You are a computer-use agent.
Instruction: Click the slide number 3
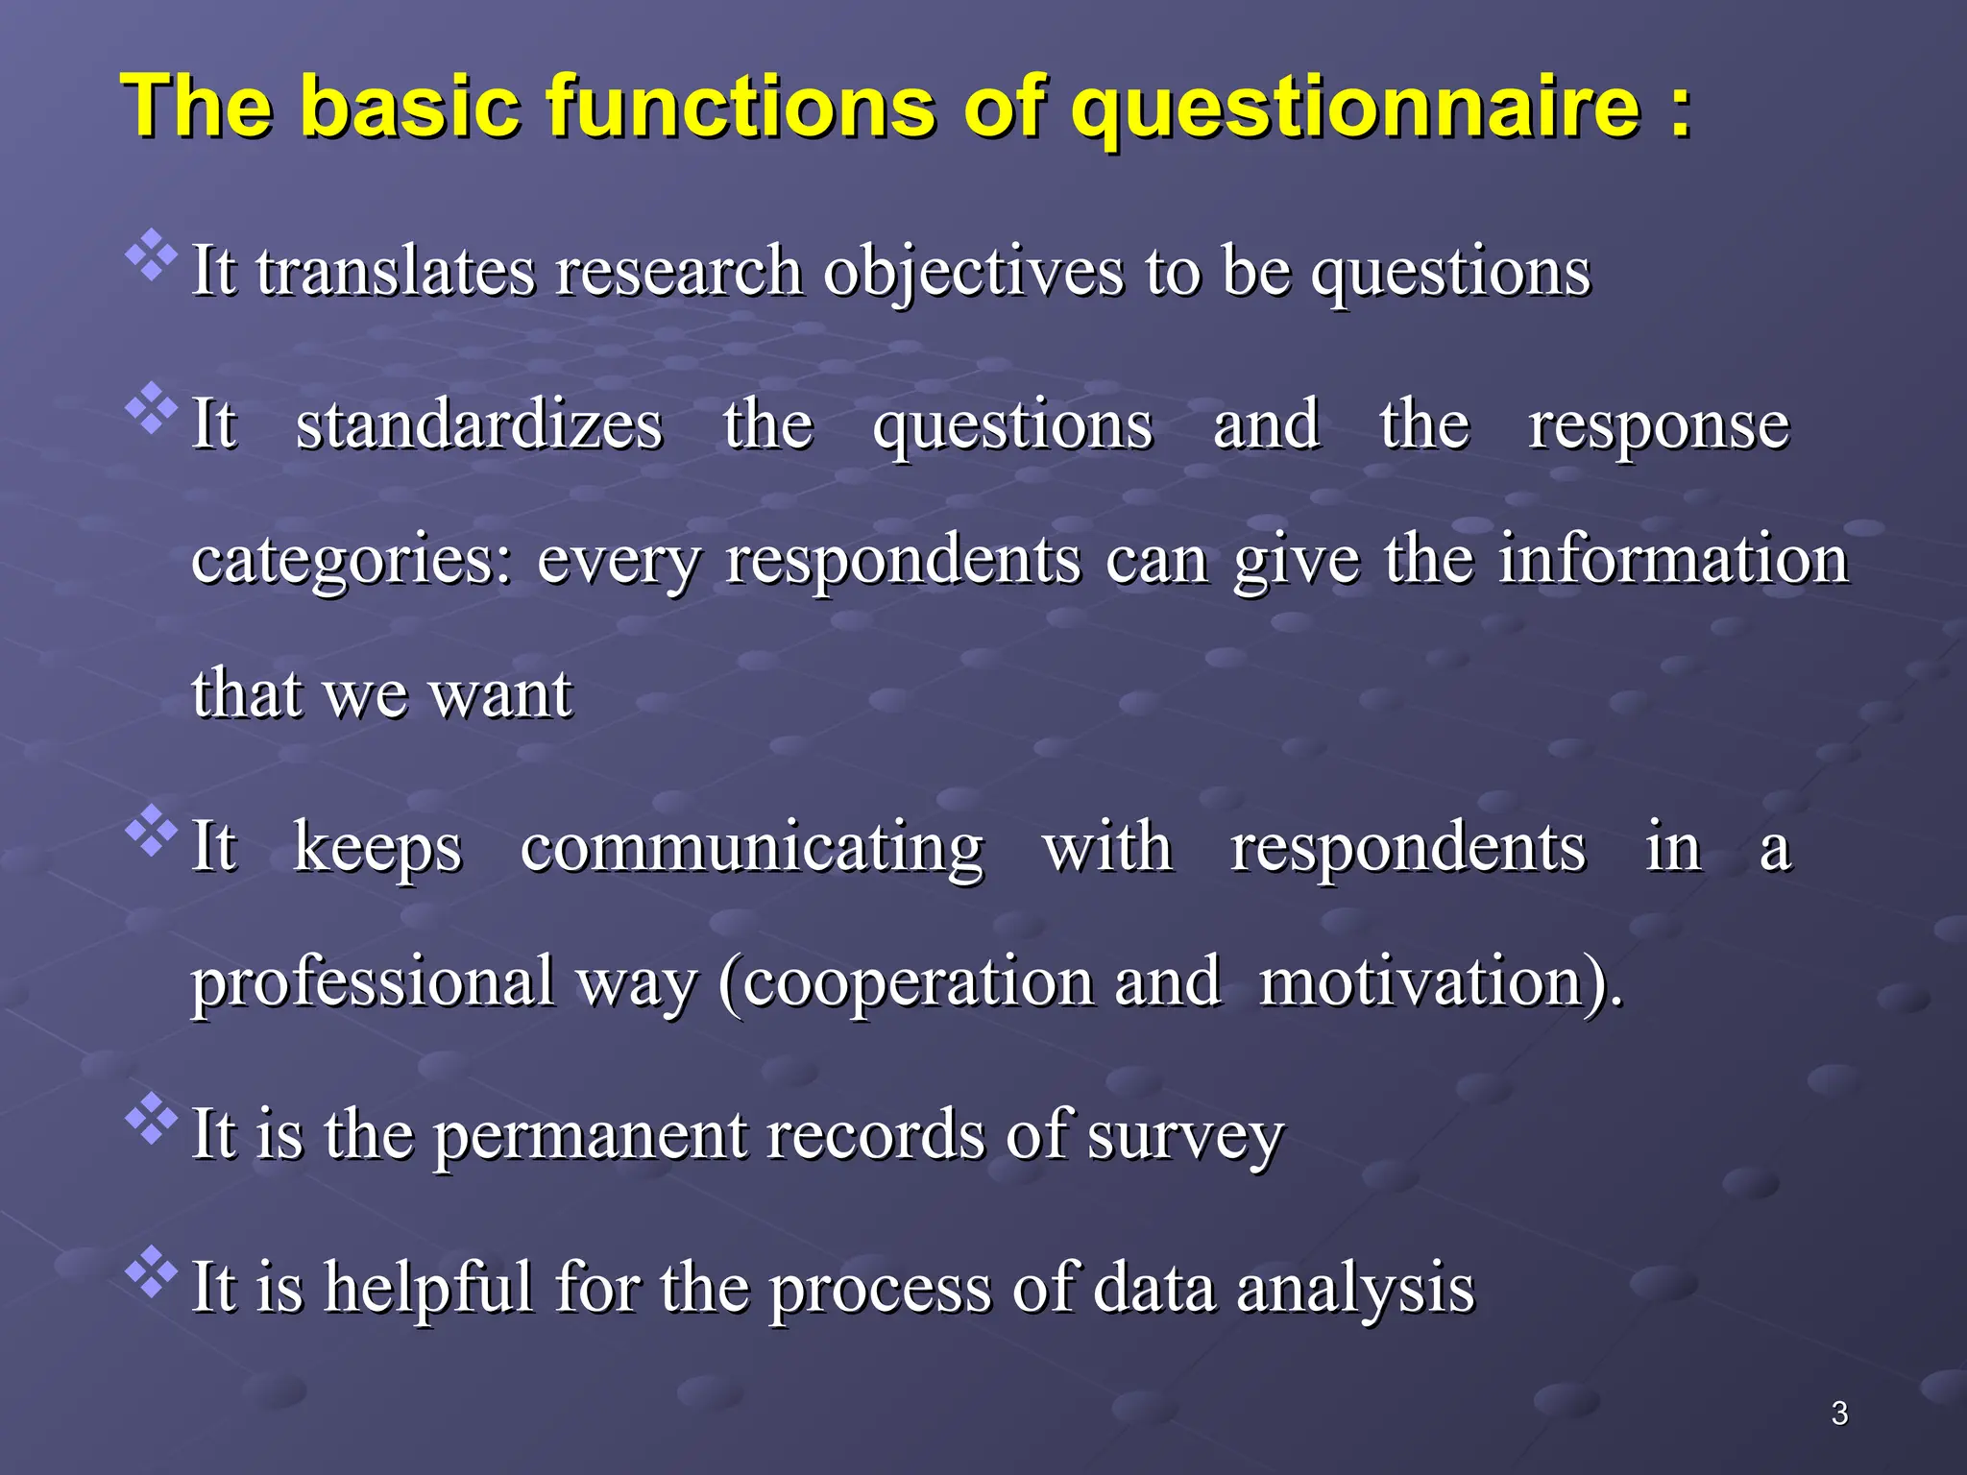pos(1839,1414)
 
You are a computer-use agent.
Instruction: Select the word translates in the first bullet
pos(395,271)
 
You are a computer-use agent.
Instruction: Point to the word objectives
pos(973,273)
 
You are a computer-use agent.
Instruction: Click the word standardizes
pos(478,425)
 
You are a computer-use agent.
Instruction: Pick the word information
pos(1673,559)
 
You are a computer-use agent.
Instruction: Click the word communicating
pos(751,849)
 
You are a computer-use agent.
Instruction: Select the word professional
pos(373,983)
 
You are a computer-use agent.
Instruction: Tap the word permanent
pos(590,1135)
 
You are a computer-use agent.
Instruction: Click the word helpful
pos(427,1288)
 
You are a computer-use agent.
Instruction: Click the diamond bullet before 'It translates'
pos(152,255)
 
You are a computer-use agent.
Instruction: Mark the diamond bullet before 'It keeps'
pos(152,832)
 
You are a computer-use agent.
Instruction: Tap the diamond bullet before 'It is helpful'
pos(152,1272)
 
